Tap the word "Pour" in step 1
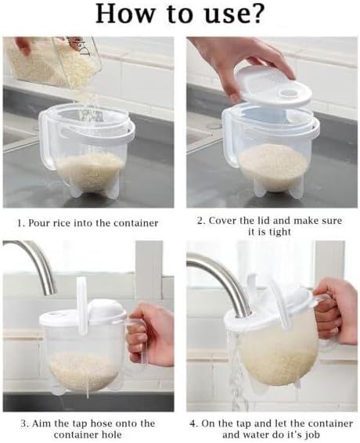pos(44,223)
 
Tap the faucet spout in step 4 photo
pos(219,274)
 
